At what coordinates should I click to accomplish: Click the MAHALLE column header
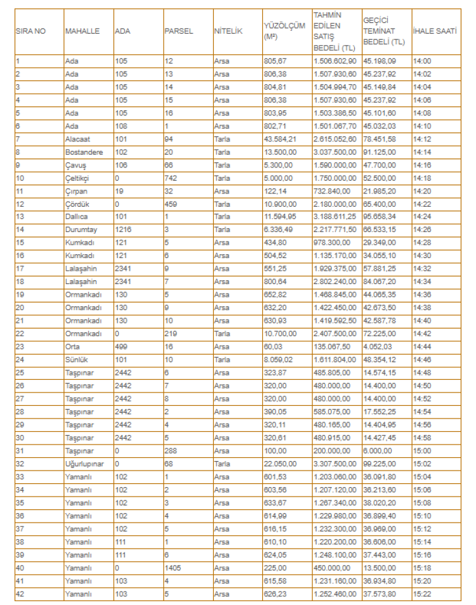click(x=83, y=31)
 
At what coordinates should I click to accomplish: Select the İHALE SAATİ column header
click(x=435, y=31)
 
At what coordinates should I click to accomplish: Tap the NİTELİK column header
click(x=228, y=31)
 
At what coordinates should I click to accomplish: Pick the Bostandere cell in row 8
click(x=84, y=152)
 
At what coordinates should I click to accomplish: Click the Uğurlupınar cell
click(x=86, y=464)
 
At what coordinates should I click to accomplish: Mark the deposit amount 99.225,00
click(x=379, y=464)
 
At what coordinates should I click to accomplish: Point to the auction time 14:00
click(x=422, y=62)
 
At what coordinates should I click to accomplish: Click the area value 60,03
click(x=273, y=347)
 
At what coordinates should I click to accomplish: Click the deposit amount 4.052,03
click(x=377, y=347)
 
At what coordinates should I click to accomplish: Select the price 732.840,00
click(x=330, y=191)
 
